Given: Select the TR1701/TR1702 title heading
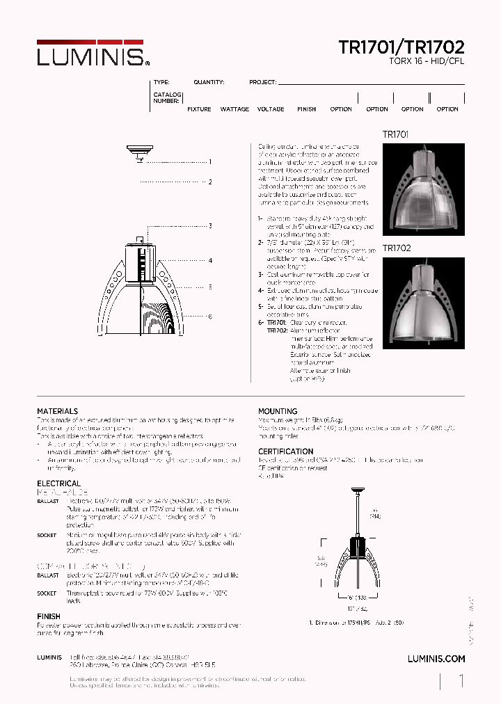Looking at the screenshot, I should (x=401, y=47).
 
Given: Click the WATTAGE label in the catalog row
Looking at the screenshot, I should (x=234, y=109).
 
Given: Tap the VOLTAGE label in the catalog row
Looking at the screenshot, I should (x=271, y=109).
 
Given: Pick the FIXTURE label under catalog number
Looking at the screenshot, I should (x=199, y=109).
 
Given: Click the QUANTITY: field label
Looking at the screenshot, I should (x=209, y=82).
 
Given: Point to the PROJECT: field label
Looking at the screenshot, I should (x=263, y=82).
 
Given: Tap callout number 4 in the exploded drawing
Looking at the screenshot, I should (x=209, y=261).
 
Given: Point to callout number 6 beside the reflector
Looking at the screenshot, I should (x=209, y=316).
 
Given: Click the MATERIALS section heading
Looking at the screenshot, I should (x=57, y=411).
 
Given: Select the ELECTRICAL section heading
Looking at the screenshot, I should (x=58, y=483).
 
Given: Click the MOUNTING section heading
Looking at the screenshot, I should (x=278, y=411).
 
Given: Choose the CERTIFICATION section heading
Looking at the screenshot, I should (x=285, y=451).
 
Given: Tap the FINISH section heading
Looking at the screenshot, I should (x=49, y=616).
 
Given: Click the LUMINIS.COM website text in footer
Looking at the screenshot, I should (x=436, y=658).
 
